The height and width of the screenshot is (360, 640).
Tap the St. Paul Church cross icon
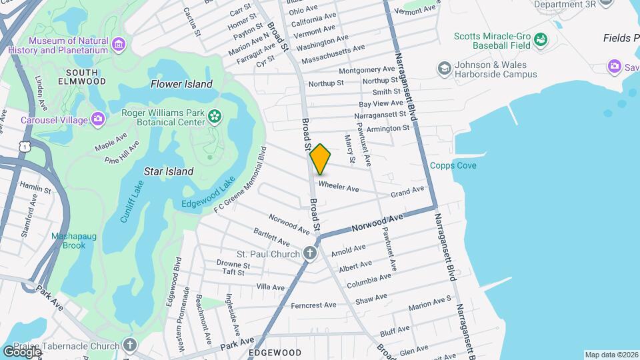(x=309, y=253)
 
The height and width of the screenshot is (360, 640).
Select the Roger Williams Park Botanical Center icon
(x=214, y=117)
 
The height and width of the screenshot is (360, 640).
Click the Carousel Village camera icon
(x=98, y=120)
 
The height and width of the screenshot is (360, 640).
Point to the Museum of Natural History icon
(x=119, y=45)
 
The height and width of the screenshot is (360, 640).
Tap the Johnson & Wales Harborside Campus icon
(x=443, y=69)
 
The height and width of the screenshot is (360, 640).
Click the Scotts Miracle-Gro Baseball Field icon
(x=540, y=41)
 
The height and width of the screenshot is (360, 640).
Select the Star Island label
(x=169, y=171)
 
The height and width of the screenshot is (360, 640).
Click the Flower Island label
(x=181, y=84)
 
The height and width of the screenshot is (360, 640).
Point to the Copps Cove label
(x=453, y=165)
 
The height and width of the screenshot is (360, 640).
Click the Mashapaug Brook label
(x=69, y=240)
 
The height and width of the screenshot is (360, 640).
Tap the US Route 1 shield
(x=25, y=146)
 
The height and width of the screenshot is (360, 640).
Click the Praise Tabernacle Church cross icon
(x=129, y=345)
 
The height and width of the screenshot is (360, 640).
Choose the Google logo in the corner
(x=22, y=351)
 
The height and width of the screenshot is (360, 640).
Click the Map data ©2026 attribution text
(x=611, y=355)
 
